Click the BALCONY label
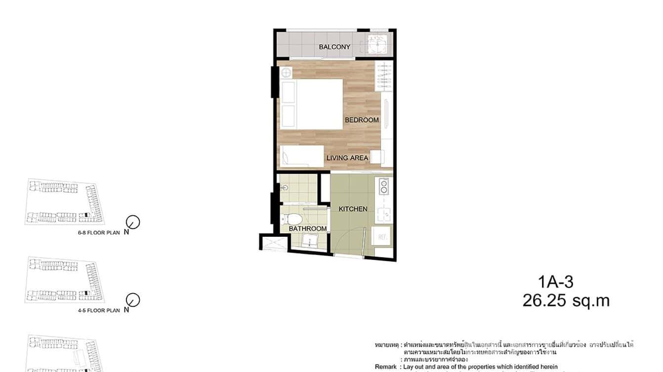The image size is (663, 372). (334, 47)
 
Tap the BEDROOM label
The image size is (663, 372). (362, 120)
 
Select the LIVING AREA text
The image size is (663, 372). (347, 158)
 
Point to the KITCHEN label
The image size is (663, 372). (353, 209)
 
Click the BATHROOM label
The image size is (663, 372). (307, 229)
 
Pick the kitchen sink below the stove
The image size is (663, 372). (383, 214)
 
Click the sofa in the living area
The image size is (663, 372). (302, 155)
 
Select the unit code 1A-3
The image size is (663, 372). (556, 282)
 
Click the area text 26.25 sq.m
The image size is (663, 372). (566, 300)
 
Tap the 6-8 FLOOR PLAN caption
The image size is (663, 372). (98, 232)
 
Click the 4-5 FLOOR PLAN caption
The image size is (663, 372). (98, 311)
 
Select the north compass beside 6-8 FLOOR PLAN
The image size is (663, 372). (133, 222)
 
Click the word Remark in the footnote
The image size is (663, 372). (385, 367)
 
